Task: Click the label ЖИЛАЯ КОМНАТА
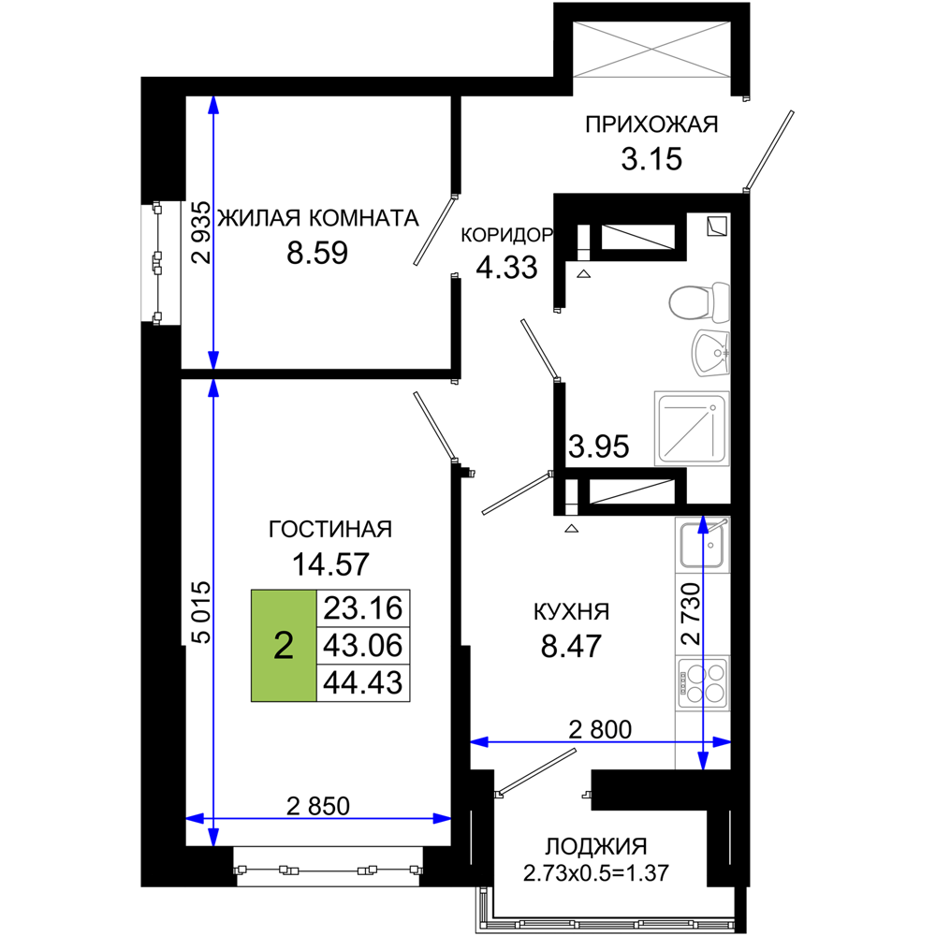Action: click(317, 218)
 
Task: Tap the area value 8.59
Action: click(317, 253)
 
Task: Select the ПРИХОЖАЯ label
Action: click(651, 124)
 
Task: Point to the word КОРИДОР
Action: click(506, 235)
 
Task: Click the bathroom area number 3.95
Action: click(598, 446)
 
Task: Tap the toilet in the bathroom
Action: click(699, 302)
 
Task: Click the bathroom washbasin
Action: click(710, 354)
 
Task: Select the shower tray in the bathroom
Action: click(692, 428)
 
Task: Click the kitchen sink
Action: click(703, 544)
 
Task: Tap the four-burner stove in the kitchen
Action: click(703, 682)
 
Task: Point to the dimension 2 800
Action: click(600, 729)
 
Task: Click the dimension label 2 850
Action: click(318, 806)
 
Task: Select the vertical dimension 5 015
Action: click(202, 612)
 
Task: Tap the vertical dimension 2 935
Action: click(202, 232)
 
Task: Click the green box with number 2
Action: click(284, 645)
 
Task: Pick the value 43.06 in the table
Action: click(363, 645)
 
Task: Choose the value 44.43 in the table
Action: click(363, 682)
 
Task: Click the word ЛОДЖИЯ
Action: click(596, 846)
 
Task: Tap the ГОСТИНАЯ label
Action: click(330, 530)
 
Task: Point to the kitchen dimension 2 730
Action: click(691, 614)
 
